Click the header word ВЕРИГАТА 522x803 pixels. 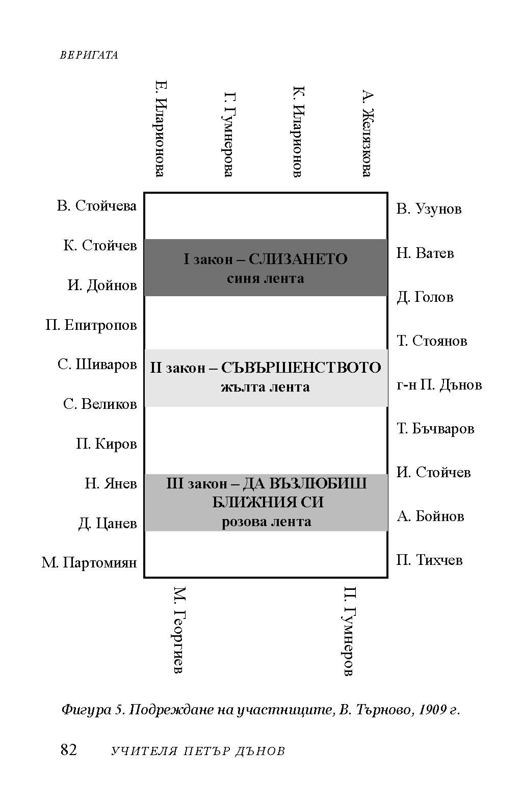click(89, 55)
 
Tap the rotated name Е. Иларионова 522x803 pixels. click(160, 128)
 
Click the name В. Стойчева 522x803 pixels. click(97, 206)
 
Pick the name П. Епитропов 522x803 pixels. click(91, 325)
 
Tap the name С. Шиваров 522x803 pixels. click(97, 365)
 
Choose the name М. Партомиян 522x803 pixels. click(89, 562)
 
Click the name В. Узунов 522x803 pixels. click(429, 209)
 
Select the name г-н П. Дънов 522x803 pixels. click(439, 384)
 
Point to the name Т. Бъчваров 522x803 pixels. click(435, 429)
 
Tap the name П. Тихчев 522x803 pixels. click(430, 560)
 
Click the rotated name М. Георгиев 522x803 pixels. click(178, 630)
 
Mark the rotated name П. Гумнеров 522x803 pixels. click(349, 631)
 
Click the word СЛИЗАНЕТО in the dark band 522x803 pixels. click(298, 259)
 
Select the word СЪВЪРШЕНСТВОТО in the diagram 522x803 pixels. click(301, 368)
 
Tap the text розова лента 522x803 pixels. click(267, 522)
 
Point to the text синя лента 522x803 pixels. click(265, 278)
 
